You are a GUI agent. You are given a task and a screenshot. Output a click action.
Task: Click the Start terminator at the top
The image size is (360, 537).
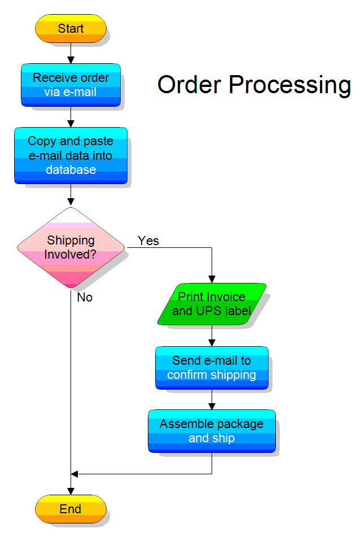point(71,29)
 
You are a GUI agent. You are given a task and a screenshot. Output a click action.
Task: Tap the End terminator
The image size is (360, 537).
point(71,509)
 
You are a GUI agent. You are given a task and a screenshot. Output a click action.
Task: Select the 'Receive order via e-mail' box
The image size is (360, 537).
point(71,85)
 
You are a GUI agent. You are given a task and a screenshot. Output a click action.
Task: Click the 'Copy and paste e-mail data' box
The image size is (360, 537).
point(71,155)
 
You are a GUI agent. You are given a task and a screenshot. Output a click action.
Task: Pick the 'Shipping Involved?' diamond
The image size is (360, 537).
point(71,247)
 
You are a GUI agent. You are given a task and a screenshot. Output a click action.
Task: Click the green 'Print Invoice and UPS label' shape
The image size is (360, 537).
point(212,304)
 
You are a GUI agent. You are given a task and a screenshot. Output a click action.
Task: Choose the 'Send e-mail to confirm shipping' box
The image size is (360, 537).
point(212,368)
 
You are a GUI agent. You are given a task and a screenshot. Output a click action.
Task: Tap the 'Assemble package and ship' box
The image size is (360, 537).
point(212,431)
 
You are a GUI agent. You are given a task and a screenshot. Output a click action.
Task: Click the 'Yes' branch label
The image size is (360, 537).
point(148,241)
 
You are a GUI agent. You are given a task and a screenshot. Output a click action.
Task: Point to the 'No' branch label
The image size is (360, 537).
point(85,298)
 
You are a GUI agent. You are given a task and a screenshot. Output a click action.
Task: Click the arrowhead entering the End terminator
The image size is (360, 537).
point(71,491)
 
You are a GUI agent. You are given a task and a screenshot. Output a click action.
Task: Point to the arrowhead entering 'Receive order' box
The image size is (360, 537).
point(71,60)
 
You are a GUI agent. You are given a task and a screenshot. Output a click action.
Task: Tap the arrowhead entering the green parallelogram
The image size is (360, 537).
point(212,279)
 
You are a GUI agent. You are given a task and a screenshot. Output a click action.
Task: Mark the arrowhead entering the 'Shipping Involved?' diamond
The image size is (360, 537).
point(71,202)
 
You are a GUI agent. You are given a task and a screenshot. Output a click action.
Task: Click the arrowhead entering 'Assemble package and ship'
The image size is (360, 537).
point(212,406)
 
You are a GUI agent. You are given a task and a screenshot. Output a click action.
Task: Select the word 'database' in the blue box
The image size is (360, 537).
point(71,170)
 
